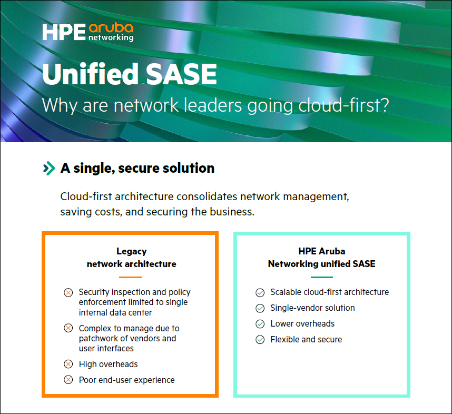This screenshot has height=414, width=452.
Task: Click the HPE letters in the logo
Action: pos(64,32)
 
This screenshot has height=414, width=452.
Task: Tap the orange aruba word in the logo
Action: pos(111,28)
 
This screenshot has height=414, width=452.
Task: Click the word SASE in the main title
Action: pos(181,74)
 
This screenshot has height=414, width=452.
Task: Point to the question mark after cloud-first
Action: pos(384,105)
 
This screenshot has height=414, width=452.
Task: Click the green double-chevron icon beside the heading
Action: pos(49,169)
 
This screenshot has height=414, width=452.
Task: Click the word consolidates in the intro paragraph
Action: pos(207,196)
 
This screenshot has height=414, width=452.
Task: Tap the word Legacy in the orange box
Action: pos(132,251)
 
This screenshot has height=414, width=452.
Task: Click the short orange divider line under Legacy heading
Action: pos(130,277)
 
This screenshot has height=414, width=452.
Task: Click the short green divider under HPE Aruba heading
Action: pos(322,277)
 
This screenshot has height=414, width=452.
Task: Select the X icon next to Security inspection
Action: pos(68,293)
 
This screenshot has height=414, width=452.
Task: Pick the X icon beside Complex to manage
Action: pos(68,328)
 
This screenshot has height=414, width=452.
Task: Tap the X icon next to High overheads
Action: pos(68,364)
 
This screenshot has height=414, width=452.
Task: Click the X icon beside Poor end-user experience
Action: pos(68,380)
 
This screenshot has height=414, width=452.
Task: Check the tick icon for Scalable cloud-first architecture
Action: pos(260,293)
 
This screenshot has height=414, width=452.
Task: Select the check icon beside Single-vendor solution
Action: pos(260,308)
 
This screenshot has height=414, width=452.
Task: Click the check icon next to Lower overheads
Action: pos(260,324)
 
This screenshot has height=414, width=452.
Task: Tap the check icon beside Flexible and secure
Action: pos(260,340)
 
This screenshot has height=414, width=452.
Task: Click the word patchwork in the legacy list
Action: pos(97,339)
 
